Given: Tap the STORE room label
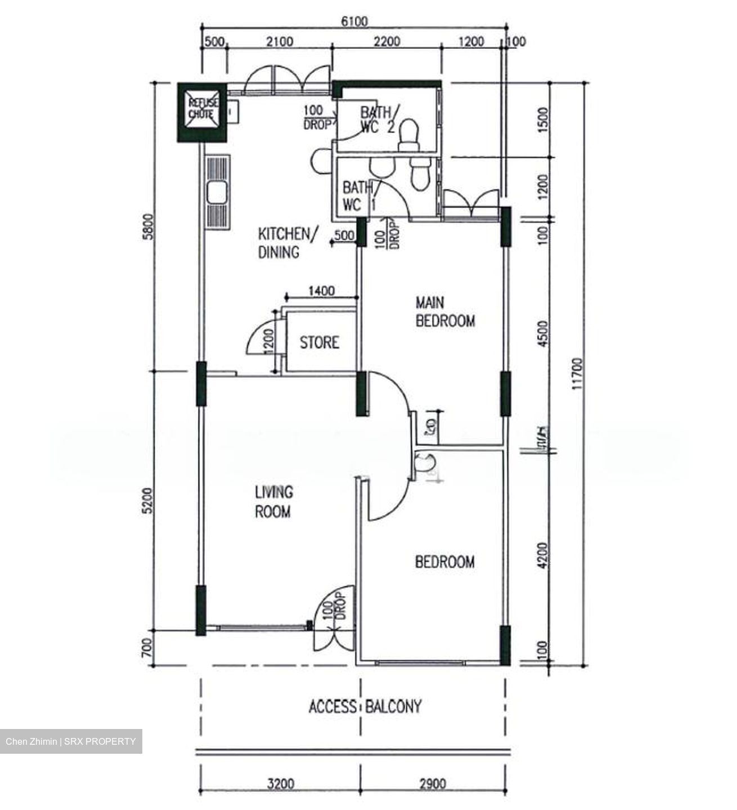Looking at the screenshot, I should pyautogui.click(x=319, y=343).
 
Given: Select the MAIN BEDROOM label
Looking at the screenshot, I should pyautogui.click(x=445, y=312).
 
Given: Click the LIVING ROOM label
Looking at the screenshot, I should pyautogui.click(x=273, y=502).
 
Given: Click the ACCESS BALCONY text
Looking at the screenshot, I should pyautogui.click(x=365, y=706).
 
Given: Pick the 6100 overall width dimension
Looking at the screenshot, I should pyautogui.click(x=354, y=21).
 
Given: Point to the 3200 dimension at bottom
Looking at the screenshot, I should pyautogui.click(x=280, y=784).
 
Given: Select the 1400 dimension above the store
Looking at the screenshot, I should pyautogui.click(x=322, y=291).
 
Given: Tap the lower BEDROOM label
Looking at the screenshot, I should pyautogui.click(x=444, y=562).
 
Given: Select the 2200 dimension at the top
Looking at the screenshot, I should pyautogui.click(x=387, y=42).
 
